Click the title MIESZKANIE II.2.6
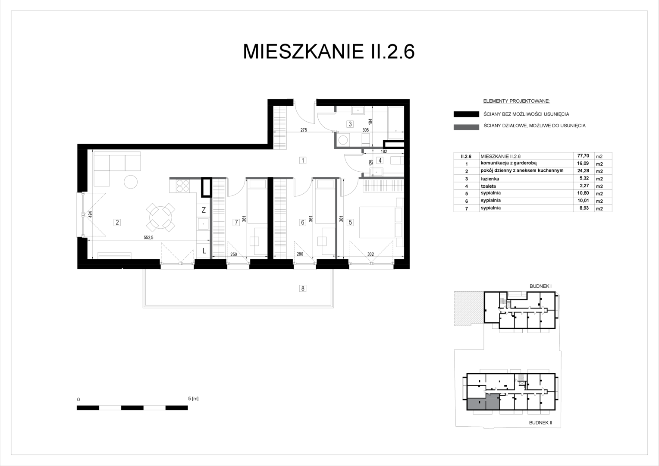(x=329, y=52)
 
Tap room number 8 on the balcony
(x=303, y=289)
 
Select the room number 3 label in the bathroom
(x=350, y=124)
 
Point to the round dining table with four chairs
(x=160, y=217)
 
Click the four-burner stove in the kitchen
(x=182, y=186)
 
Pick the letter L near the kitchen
(x=204, y=251)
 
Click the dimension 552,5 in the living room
(x=148, y=238)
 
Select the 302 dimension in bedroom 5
(x=370, y=254)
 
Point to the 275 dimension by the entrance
(x=304, y=130)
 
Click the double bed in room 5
(x=377, y=222)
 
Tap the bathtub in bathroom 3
(x=396, y=123)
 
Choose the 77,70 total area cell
(x=583, y=156)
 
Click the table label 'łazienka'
(x=490, y=179)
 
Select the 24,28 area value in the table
(x=583, y=171)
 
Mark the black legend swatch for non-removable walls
(x=466, y=114)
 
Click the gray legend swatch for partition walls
(x=466, y=127)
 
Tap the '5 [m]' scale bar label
(x=193, y=399)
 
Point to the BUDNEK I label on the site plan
(x=540, y=286)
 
